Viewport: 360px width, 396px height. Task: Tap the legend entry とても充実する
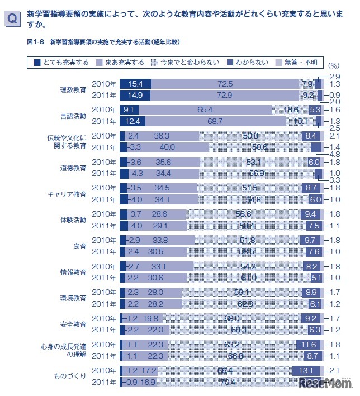point(61,63)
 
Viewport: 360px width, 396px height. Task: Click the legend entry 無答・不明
point(299,63)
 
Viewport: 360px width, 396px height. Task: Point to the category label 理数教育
point(73,89)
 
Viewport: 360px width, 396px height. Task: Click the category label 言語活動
point(73,116)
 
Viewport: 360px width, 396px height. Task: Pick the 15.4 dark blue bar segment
point(136,84)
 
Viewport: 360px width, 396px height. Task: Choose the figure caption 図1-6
point(36,42)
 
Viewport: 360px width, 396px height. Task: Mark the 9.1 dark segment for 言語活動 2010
point(130,110)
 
